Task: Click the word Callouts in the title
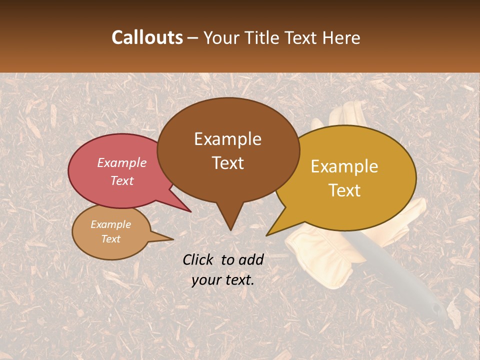147,37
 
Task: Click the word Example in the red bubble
121,162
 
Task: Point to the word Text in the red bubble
121,180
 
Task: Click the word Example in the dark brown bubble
227,139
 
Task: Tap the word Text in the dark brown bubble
227,163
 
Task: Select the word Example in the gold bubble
344,166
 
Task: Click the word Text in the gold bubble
344,190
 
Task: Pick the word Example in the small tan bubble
110,224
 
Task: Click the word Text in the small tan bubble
110,239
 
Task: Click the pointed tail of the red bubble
185,208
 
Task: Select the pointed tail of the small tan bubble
167,239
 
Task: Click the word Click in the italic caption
198,259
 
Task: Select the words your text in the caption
222,280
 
